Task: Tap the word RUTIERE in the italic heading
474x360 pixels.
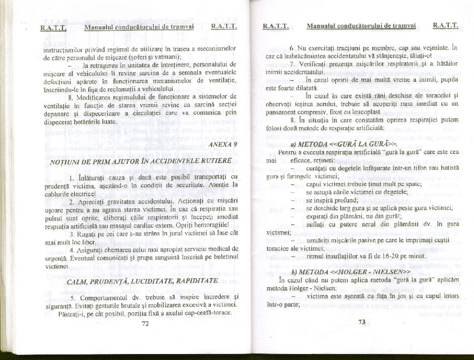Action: (215, 161)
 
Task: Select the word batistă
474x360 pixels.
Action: (446, 169)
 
